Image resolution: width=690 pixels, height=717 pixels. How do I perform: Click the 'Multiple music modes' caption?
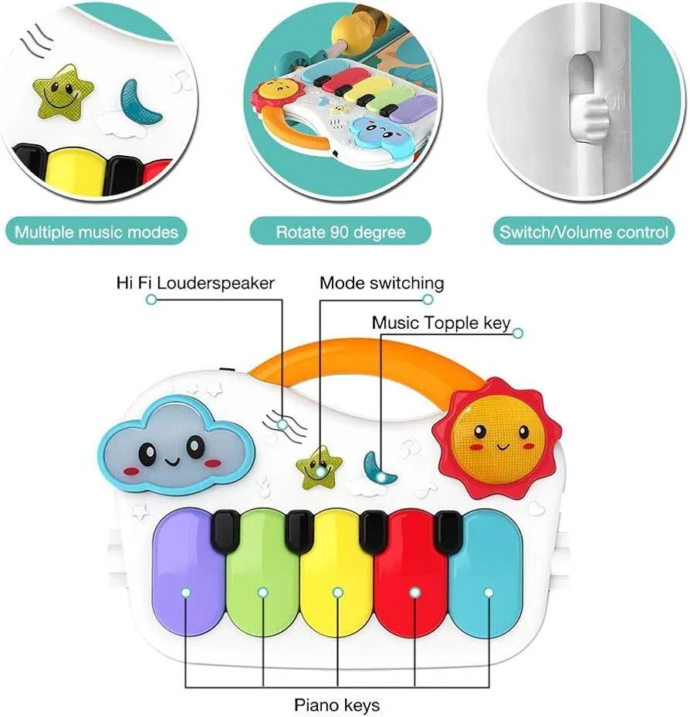pyautogui.click(x=96, y=232)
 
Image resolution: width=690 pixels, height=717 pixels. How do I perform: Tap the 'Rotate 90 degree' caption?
pyautogui.click(x=340, y=232)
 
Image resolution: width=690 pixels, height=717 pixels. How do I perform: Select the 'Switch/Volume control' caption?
pyautogui.click(x=584, y=232)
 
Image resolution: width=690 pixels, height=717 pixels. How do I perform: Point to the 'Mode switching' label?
pyautogui.click(x=382, y=283)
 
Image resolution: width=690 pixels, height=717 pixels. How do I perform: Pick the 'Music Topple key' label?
pyautogui.click(x=441, y=322)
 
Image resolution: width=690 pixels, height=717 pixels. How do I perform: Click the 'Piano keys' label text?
pyautogui.click(x=337, y=704)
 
